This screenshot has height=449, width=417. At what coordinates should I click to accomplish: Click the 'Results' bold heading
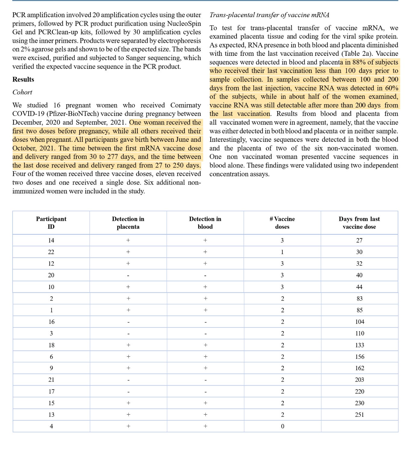pyautogui.click(x=23, y=79)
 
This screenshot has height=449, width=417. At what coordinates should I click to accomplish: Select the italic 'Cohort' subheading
pyautogui.click(x=22, y=92)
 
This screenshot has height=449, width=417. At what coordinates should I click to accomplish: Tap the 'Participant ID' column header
pyautogui.click(x=51, y=223)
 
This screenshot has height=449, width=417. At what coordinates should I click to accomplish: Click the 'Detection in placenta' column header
pyautogui.click(x=128, y=223)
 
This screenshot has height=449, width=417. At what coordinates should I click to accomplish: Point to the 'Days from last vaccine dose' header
pyautogui.click(x=359, y=223)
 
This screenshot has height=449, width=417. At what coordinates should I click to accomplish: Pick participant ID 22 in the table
pyautogui.click(x=51, y=252)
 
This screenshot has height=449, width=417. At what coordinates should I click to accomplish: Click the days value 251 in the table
pyautogui.click(x=359, y=415)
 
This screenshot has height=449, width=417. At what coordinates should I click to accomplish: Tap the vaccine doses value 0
pyautogui.click(x=282, y=426)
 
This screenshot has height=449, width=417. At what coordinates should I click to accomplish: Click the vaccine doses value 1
pyautogui.click(x=282, y=252)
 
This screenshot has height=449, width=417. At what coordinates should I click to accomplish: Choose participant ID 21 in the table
pyautogui.click(x=52, y=380)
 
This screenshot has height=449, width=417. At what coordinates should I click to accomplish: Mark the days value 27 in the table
pyautogui.click(x=359, y=240)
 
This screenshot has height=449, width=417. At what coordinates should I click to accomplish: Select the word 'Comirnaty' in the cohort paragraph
pyautogui.click(x=185, y=105)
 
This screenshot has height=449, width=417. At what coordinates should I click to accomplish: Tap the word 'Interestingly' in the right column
pyautogui.click(x=227, y=140)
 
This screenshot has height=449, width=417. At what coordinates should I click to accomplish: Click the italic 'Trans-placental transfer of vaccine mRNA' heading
pyautogui.click(x=269, y=15)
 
